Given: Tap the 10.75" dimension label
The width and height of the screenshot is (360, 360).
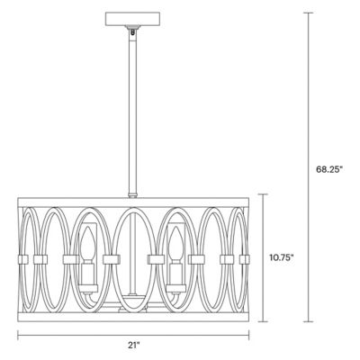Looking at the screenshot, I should click(282, 257).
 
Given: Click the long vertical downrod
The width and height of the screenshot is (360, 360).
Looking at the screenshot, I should click(132, 108).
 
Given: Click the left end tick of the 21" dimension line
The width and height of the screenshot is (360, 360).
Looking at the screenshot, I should click(18, 335).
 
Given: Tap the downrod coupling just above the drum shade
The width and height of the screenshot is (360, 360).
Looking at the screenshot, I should click(132, 193).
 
